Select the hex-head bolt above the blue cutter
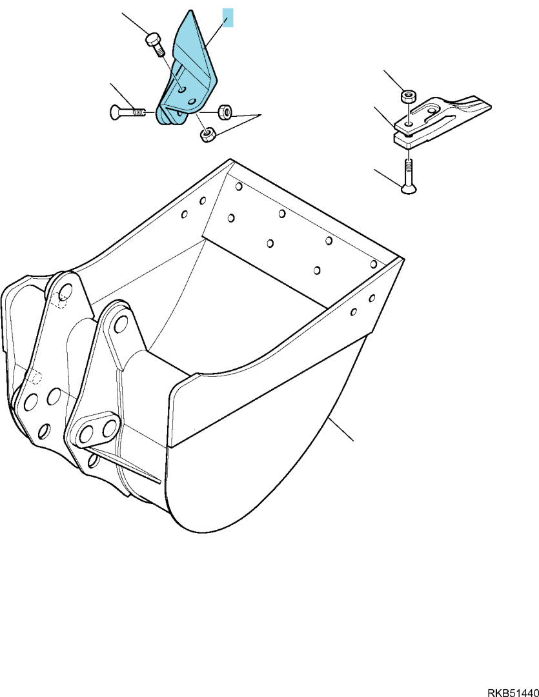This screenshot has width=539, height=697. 154,44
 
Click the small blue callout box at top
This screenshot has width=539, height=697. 228,17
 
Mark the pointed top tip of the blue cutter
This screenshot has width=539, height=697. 190,11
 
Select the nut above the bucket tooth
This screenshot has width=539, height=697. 409,96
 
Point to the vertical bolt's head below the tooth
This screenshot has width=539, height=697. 408,190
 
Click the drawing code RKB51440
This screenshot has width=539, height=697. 513,692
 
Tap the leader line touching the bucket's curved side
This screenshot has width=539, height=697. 341,429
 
